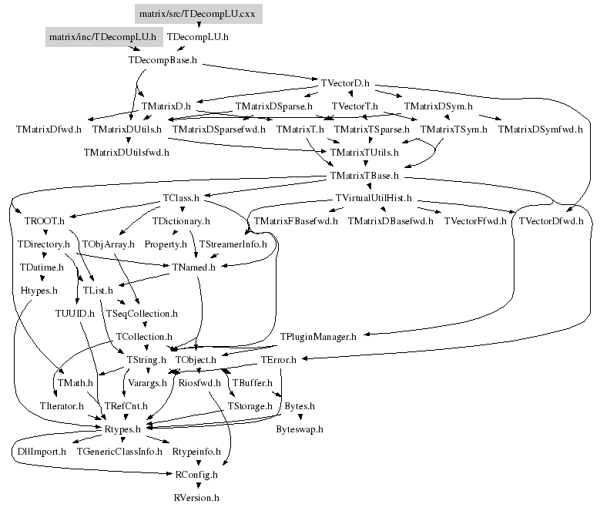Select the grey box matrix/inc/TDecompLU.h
pos(102,36)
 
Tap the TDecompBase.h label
pos(162,59)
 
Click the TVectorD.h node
pos(345,82)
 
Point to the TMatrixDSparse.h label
pos(273,106)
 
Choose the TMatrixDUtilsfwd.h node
pos(126,152)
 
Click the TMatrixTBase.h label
pos(364,176)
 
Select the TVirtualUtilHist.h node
pos(374,199)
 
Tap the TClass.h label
pos(181,199)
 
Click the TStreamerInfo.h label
pos(233,244)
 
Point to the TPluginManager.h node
pos(317,337)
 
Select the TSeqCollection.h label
pos(142,314)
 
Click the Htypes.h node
pos(39,291)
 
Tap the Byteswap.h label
pos(300,429)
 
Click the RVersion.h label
pos(196,498)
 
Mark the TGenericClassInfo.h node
pos(119,452)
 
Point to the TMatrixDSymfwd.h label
pos(540,129)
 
